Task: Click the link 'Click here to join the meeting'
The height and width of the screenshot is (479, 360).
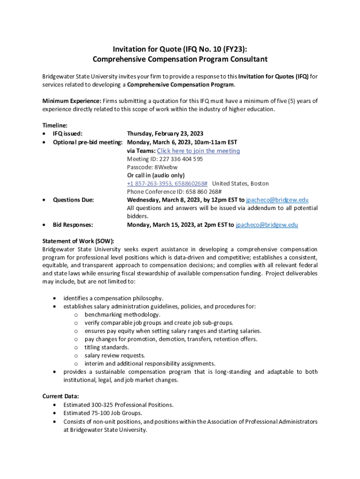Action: click(198, 151)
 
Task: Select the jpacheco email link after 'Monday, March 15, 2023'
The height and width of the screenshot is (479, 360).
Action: click(266, 225)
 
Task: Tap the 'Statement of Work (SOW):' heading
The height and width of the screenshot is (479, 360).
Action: click(78, 241)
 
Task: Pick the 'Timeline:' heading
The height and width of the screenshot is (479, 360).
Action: click(55, 125)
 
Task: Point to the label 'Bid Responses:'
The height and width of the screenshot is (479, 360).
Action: click(72, 225)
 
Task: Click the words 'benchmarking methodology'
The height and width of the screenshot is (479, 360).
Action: click(122, 315)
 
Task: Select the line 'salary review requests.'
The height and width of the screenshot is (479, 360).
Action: click(115, 356)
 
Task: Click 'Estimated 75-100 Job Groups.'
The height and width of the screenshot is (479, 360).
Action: click(102, 413)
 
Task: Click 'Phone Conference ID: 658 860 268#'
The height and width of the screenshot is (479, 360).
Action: click(174, 192)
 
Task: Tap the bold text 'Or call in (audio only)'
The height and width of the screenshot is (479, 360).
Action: click(156, 175)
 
